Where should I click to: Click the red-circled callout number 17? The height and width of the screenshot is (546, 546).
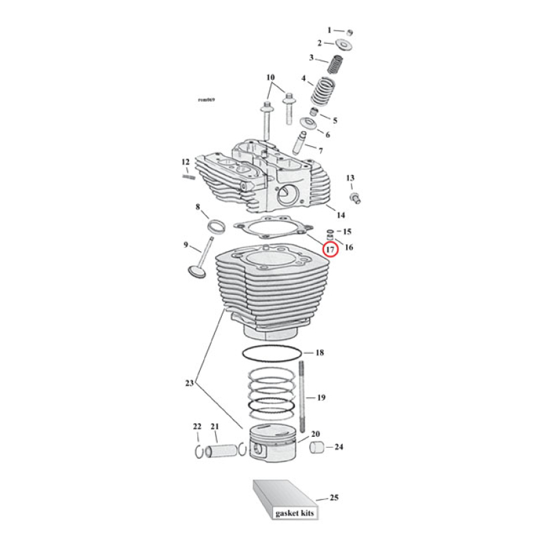(330, 250)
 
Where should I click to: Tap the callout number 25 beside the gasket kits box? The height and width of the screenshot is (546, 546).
(334, 498)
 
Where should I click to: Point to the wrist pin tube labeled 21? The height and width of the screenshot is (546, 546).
(222, 451)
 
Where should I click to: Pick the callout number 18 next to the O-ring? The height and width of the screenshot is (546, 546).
(319, 353)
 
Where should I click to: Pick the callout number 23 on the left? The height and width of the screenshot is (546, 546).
(190, 384)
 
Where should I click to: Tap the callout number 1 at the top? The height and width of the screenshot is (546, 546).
(329, 30)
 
